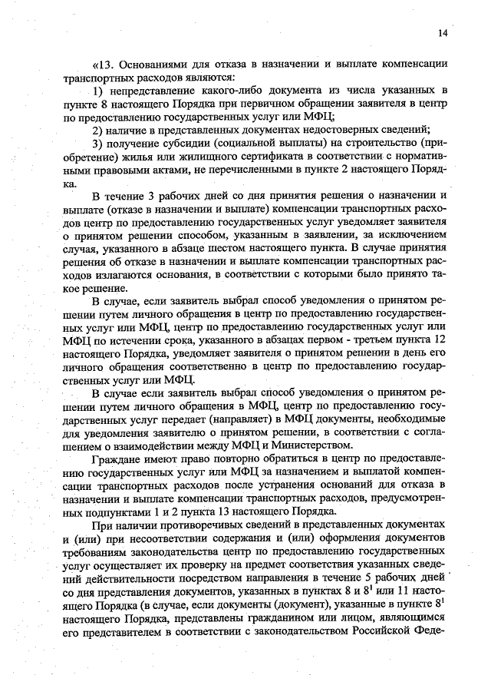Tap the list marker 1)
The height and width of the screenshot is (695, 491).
point(98,91)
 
